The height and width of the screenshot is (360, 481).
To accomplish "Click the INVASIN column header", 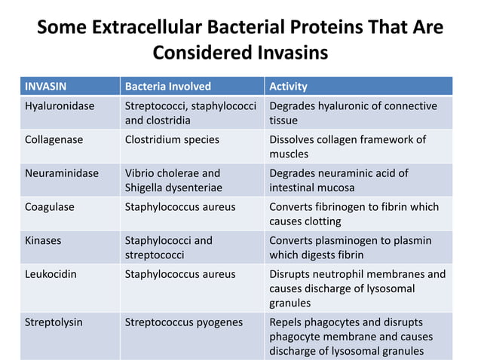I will (46, 86).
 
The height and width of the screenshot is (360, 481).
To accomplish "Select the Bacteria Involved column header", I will (167, 86).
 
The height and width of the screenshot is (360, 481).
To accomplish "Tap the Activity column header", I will (288, 86).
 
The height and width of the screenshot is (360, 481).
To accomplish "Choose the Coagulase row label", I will (50, 206).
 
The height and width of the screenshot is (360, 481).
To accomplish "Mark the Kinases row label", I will (44, 240).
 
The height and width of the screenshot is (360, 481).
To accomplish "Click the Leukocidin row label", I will (51, 274).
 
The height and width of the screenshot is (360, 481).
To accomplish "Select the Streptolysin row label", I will (54, 322).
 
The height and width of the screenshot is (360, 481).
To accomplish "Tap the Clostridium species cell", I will (172, 139).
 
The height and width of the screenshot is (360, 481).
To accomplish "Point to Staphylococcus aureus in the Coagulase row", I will (179, 206).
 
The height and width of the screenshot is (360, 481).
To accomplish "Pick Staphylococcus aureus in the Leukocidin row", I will (179, 274).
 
